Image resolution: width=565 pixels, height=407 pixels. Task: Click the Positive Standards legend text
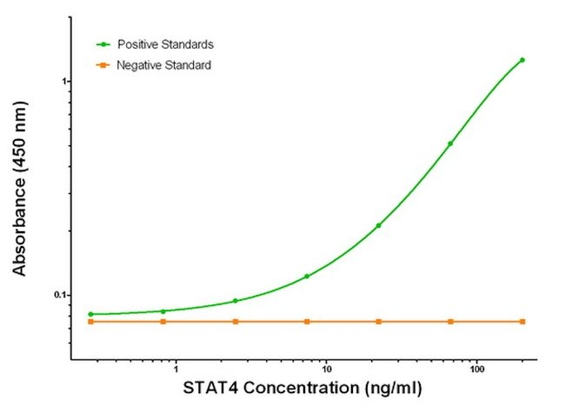166,44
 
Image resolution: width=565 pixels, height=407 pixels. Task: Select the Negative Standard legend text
164,65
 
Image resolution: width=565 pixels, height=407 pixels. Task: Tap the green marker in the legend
103,44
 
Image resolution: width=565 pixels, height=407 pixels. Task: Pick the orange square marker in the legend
103,65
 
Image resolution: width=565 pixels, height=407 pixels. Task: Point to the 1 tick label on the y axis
65,82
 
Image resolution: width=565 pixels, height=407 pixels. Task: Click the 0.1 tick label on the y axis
61,295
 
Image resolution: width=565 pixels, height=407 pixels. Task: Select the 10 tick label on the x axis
326,370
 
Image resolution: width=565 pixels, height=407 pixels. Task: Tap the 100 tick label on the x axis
477,370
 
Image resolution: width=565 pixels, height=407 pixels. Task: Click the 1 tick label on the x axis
176,370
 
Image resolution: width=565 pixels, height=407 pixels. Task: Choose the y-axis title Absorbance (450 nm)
20,189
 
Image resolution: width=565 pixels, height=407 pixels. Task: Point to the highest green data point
522,60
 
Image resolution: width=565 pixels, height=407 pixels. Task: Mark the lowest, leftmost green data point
90,314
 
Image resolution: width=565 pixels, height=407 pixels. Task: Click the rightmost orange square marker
522,322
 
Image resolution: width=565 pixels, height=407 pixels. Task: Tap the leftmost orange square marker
90,322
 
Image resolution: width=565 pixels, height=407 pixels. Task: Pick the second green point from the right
450,143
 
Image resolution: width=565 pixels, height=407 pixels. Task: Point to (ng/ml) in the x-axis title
394,389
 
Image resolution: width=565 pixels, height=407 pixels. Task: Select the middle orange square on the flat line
307,322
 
